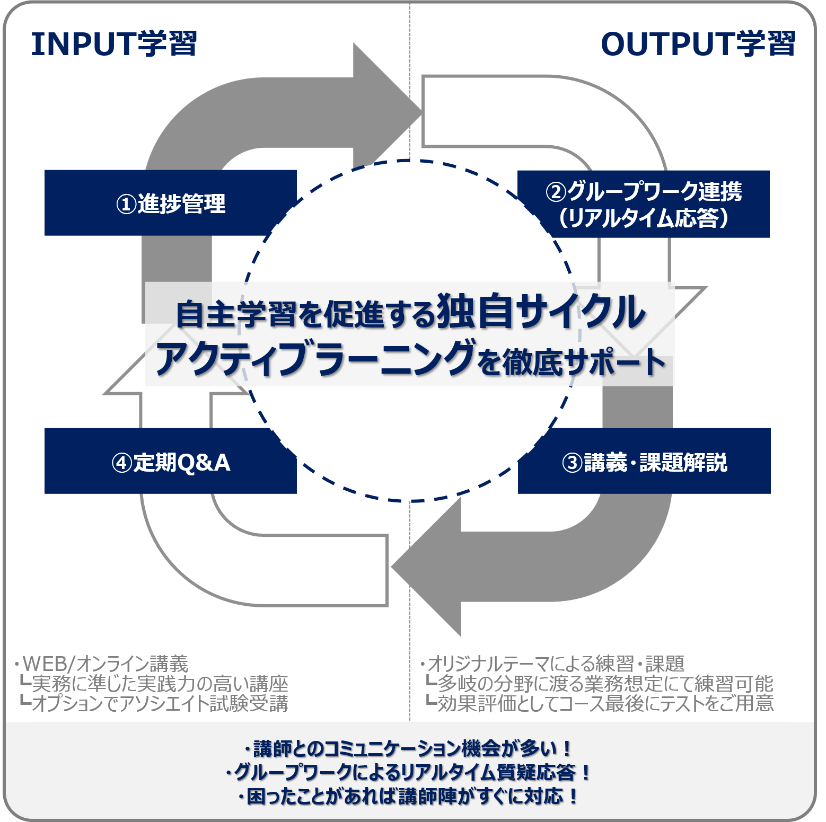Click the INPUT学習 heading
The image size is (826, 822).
114,44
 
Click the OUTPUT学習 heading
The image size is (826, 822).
698,44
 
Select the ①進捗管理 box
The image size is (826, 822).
170,203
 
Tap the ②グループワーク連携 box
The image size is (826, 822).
643,204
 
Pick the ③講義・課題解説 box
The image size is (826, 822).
644,462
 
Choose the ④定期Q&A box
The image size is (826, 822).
170,462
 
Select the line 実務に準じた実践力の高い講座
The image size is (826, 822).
159,684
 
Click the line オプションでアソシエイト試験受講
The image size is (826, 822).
159,703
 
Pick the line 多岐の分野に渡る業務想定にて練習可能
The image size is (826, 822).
604,684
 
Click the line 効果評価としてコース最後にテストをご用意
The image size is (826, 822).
604,703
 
